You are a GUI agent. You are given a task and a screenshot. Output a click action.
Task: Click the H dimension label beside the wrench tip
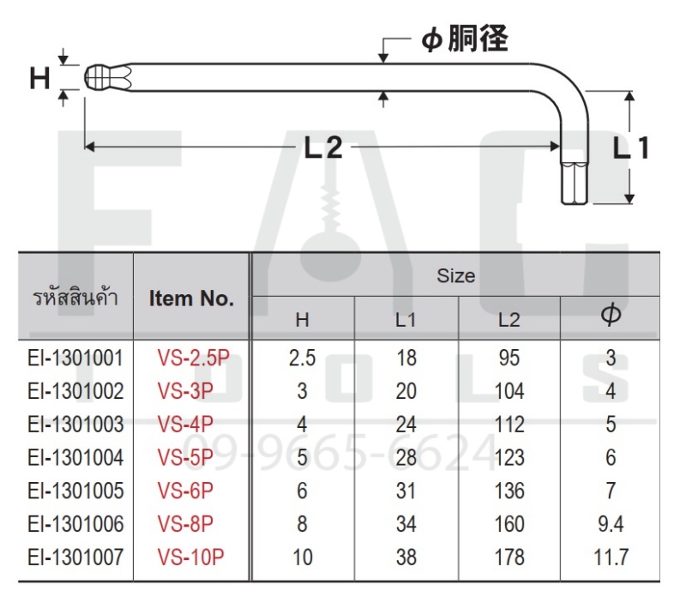(x=39, y=79)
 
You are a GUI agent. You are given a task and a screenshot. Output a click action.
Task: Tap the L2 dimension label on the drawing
(x=323, y=148)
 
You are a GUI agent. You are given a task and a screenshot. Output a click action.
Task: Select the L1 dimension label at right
(x=631, y=148)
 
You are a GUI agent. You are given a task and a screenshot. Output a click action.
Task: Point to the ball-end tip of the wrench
(x=99, y=78)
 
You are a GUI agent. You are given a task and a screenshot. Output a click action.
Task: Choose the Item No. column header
(x=191, y=298)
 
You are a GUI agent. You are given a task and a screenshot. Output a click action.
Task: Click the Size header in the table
(x=455, y=275)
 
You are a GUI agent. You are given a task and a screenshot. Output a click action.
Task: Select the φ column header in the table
(x=611, y=317)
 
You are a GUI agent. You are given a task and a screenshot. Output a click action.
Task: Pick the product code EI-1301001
(x=75, y=358)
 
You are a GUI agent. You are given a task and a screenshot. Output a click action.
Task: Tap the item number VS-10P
(x=190, y=558)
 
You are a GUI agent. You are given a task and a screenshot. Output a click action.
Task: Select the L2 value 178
(x=509, y=558)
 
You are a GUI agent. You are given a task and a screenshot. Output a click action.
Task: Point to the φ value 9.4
(x=611, y=524)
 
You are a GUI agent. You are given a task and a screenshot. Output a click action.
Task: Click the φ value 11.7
(x=611, y=558)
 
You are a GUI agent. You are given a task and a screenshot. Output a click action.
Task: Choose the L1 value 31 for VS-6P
(x=406, y=491)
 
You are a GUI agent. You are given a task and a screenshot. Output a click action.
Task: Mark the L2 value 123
(x=509, y=457)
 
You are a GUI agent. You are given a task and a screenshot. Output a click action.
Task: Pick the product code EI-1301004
(x=75, y=457)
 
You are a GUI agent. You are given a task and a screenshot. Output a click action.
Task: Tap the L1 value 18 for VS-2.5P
(x=406, y=358)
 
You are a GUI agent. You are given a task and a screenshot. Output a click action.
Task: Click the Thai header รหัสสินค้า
(x=75, y=298)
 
